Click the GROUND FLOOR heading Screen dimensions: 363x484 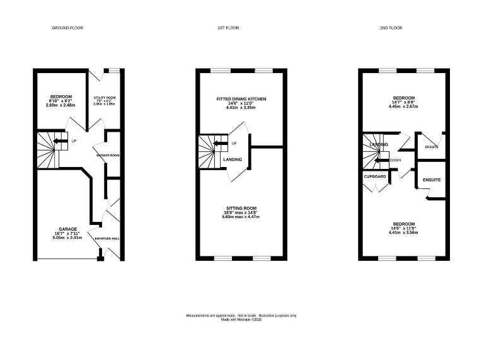click(67, 28)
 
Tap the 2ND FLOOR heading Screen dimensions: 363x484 click(391, 28)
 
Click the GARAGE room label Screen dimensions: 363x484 click(68, 229)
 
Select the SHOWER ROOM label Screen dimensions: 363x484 click(108, 155)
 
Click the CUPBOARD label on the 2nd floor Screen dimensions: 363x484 click(374, 177)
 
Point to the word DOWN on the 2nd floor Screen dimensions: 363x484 click(396, 160)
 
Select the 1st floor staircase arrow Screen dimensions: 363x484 click(220, 143)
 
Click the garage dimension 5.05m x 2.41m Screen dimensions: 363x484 click(68, 238)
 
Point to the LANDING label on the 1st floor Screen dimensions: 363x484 click(233, 159)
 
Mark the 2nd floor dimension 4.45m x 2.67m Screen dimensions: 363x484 click(404, 107)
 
